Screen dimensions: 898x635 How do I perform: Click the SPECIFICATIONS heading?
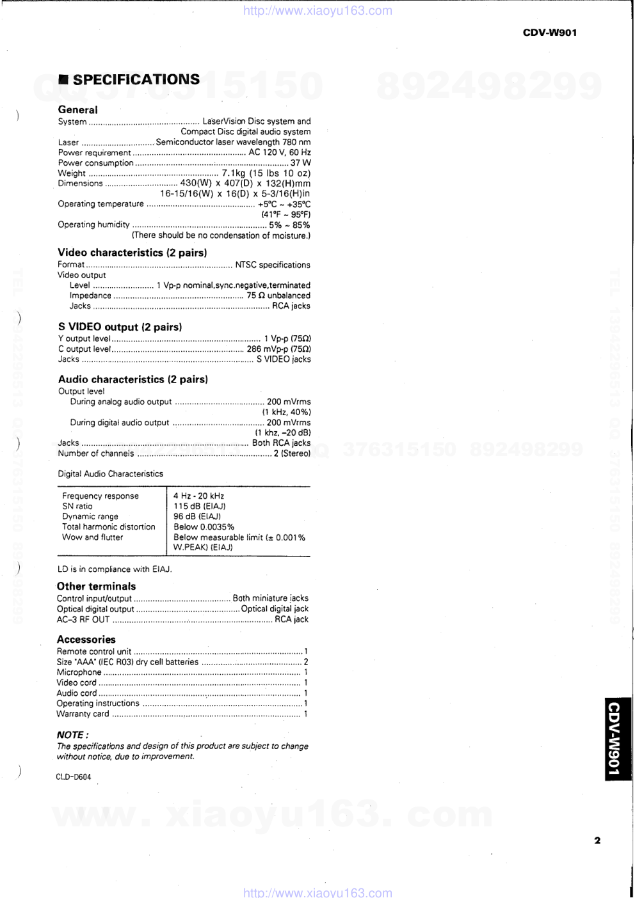tap(136, 79)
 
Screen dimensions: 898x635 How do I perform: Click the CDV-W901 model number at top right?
tap(549, 33)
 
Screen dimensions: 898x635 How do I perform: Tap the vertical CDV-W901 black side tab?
tap(618, 739)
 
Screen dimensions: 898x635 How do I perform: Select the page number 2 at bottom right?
tap(597, 840)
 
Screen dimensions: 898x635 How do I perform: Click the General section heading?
tap(77, 109)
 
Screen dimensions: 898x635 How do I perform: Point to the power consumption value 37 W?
tap(300, 162)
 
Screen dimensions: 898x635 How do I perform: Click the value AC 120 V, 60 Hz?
tap(279, 152)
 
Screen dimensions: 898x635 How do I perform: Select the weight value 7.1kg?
tap(234, 173)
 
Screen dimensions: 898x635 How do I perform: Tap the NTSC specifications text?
tap(273, 264)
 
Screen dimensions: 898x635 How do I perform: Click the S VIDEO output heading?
tap(120, 327)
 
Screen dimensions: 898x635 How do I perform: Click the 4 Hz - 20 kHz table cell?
tap(198, 496)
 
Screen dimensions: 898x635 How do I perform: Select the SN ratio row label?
tap(77, 506)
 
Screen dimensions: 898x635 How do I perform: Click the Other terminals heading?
tap(96, 586)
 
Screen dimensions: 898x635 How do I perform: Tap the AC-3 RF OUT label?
tap(83, 619)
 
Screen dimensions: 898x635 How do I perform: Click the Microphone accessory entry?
tap(79, 672)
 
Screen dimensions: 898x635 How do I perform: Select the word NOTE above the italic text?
tap(70, 735)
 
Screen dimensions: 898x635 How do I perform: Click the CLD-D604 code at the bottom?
tap(73, 777)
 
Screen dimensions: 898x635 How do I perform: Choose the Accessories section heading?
tap(86, 639)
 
